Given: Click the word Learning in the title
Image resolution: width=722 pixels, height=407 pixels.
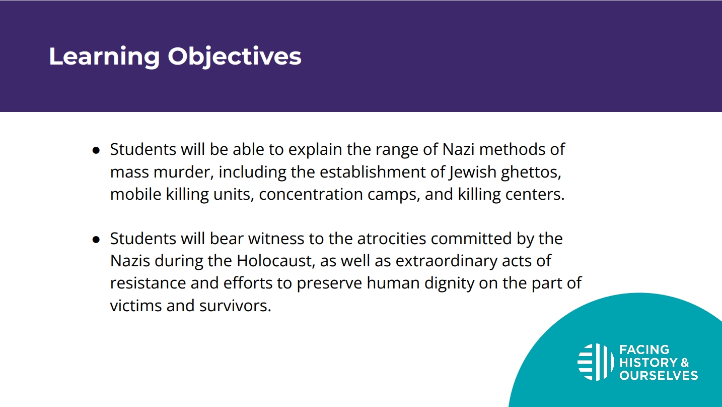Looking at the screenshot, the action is [x=104, y=57].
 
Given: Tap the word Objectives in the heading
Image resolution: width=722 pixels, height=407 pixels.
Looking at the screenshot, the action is [x=234, y=57].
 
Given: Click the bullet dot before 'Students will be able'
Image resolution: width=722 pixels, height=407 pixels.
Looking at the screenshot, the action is [x=96, y=150].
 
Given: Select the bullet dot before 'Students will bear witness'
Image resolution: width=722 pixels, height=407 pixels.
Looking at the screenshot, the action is [x=96, y=240].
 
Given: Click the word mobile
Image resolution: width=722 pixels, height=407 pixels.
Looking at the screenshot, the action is [x=136, y=194].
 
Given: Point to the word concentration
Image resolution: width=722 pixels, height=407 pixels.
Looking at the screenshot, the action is [x=311, y=195].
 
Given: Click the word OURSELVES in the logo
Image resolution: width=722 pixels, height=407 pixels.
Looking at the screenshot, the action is [x=659, y=375].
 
